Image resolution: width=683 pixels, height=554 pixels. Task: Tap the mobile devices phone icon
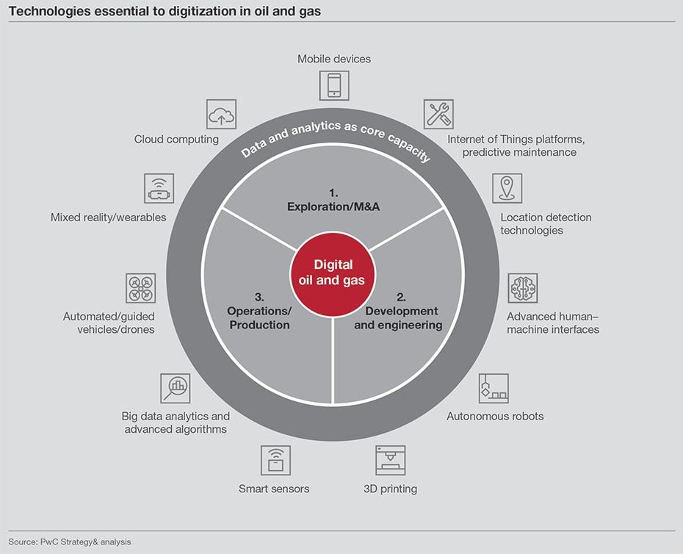pos(334,85)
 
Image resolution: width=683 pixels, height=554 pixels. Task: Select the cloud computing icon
pos(221,115)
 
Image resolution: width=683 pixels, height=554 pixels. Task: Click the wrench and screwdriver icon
pos(438,114)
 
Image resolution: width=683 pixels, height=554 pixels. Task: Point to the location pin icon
pos(507,189)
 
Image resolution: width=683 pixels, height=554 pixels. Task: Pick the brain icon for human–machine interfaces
pos(523,288)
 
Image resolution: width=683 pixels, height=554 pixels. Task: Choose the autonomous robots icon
pos(494,388)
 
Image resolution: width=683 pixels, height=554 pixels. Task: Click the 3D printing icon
pos(390,460)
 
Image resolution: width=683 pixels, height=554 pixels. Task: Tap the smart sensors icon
pos(275,460)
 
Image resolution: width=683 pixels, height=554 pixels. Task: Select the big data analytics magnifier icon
pos(176,388)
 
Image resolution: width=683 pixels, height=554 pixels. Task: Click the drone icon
pos(140,288)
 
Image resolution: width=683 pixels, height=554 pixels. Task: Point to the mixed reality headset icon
pos(159,189)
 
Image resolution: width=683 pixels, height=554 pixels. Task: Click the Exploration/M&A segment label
pos(333,200)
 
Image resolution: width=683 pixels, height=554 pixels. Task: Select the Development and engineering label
pos(398,317)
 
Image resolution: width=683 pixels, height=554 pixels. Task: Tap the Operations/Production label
pos(259,317)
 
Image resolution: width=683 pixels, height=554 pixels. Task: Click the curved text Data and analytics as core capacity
pos(336,137)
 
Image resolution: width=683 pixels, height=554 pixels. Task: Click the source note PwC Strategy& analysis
pos(70,542)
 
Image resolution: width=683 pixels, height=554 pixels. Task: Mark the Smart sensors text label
pos(274,489)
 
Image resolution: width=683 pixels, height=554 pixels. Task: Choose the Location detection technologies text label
pos(546,223)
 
